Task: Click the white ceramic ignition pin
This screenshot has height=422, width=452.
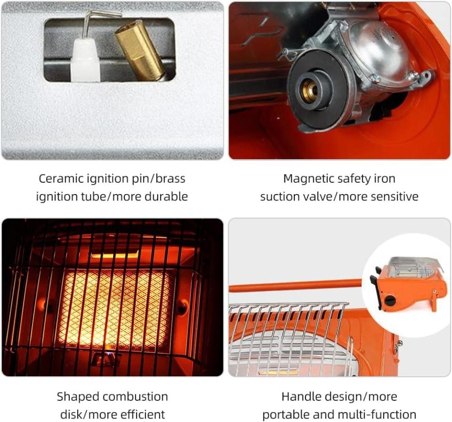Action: point(85,60)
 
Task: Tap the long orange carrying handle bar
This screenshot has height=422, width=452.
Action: point(295,285)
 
